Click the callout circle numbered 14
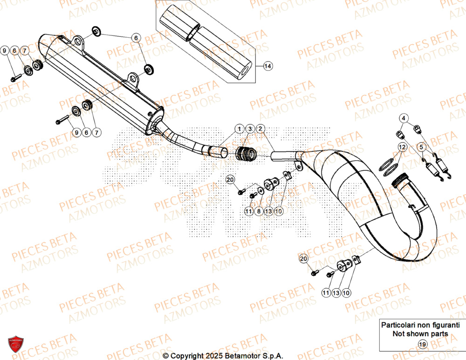click(x=267, y=66)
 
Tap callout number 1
click(x=239, y=128)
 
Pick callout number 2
click(x=260, y=128)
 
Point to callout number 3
click(x=249, y=128)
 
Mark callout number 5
click(x=422, y=147)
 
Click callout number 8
click(x=259, y=211)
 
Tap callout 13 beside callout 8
click(x=268, y=211)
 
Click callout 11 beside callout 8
click(x=249, y=211)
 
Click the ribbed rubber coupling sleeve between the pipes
click(x=246, y=153)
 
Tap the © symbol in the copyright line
click(x=165, y=356)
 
